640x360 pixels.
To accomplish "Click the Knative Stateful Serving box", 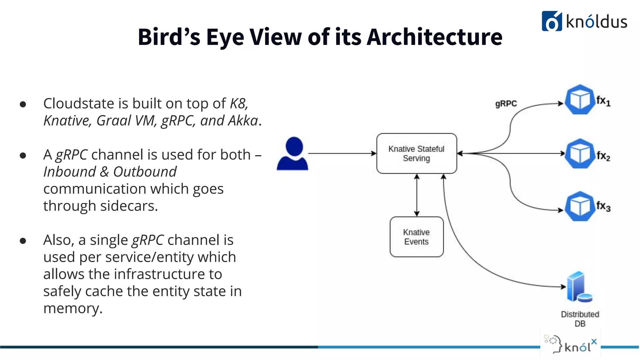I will click(x=417, y=153).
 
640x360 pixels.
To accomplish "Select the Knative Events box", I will click(x=417, y=237).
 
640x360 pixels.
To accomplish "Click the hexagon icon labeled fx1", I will click(x=580, y=100).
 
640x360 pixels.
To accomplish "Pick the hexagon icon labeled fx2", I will click(x=580, y=153).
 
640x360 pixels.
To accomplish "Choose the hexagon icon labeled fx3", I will click(x=580, y=206).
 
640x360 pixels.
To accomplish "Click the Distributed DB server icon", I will click(x=579, y=287).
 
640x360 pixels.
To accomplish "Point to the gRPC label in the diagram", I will click(x=506, y=104).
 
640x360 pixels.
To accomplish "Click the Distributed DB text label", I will click(x=580, y=319).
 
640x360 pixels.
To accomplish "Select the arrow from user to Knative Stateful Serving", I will click(x=342, y=153).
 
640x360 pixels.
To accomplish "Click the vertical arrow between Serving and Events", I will click(x=417, y=195).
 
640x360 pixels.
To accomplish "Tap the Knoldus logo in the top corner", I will click(x=584, y=21).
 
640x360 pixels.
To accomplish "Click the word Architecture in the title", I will click(x=434, y=37).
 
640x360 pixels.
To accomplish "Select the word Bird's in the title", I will click(x=169, y=37).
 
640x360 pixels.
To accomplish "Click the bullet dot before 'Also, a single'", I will click(x=23, y=241).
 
